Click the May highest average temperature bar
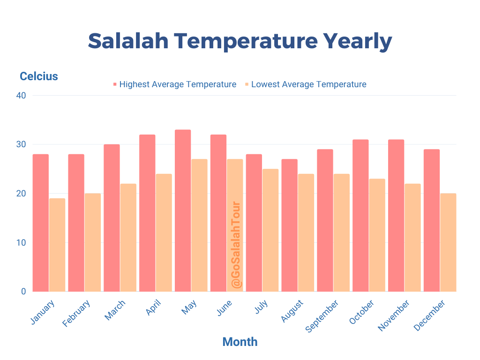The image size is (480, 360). click(183, 211)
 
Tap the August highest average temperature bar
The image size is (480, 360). click(289, 225)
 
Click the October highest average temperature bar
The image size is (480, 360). click(360, 216)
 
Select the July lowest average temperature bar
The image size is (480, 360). click(270, 230)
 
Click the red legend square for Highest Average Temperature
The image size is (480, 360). click(114, 85)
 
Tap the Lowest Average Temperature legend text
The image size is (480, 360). click(308, 84)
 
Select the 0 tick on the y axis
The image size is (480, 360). click(23, 292)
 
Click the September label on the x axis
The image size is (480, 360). click(322, 316)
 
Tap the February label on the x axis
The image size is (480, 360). click(76, 314)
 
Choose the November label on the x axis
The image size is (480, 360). click(394, 315)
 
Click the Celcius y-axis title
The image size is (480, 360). click(38, 76)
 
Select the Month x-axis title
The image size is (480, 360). click(240, 342)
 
